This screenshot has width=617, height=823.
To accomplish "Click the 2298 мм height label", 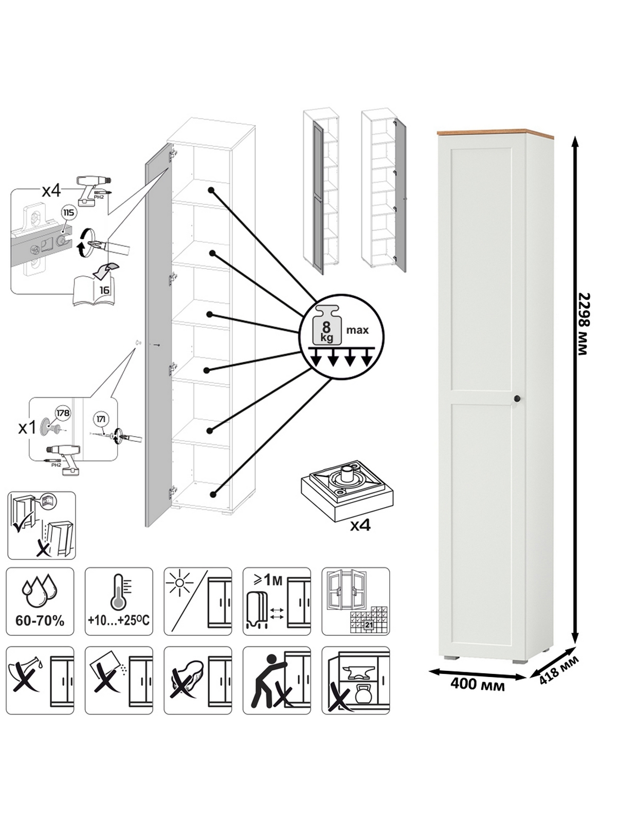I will point(583,324).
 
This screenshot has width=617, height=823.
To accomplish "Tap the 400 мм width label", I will point(477,685).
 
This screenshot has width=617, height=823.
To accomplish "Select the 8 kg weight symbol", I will point(326,325).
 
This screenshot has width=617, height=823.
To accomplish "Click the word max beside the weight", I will point(357,330).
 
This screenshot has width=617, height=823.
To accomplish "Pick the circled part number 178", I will point(63,413).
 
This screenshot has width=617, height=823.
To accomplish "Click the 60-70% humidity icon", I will point(40,601).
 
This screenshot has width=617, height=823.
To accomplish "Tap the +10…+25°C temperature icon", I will point(119,601).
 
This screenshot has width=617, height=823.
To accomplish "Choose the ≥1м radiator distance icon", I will point(277,601).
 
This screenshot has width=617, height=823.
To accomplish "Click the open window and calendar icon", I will point(356,601).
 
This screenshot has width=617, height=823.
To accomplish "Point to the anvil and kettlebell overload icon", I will point(356,680).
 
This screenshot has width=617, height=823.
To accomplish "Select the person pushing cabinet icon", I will point(277,680).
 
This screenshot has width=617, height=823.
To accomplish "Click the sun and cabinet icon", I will point(198,601).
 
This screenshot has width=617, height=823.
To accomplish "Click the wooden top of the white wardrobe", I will point(495,134).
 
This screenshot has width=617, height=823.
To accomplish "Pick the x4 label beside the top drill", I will point(51,191).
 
